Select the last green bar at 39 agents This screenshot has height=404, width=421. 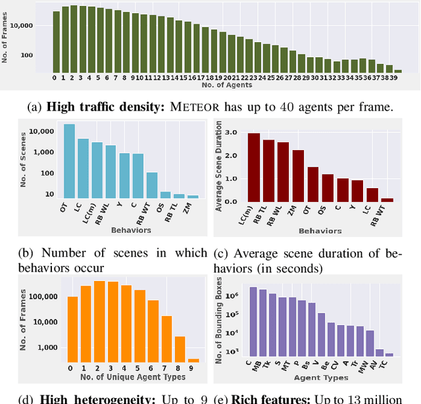pos(398,69)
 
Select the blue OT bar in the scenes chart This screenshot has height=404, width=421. pos(68,161)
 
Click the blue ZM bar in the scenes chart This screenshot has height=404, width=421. pos(193,196)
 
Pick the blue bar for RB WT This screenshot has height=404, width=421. pos(151,185)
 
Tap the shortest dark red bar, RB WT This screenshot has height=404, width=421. pos(387,199)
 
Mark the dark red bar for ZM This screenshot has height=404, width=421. pos(298,175)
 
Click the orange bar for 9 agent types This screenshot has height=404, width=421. pos(193,360)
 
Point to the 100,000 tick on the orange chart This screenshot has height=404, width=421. pos(45,297)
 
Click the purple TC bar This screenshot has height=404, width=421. pos(389,355)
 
